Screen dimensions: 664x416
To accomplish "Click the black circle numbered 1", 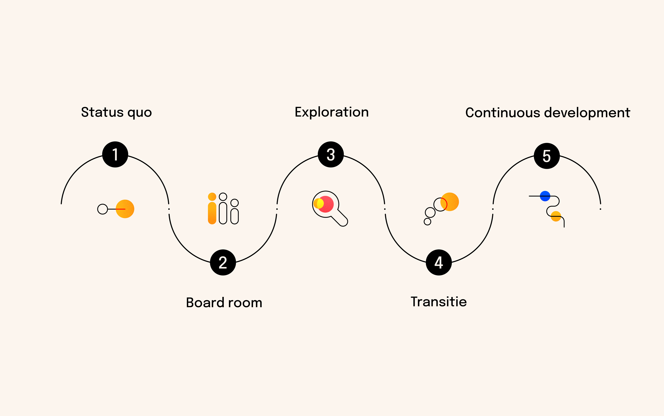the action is pos(115,154).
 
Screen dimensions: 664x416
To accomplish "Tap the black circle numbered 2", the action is pos(223,262).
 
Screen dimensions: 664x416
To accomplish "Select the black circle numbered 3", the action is pos(331,154).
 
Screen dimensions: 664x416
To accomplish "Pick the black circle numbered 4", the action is pos(439,262).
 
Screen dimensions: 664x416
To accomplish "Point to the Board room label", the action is pos(224,303).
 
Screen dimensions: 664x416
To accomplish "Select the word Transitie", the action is pos(439,302).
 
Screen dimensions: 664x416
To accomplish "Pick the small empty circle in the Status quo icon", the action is pos(102,209).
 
